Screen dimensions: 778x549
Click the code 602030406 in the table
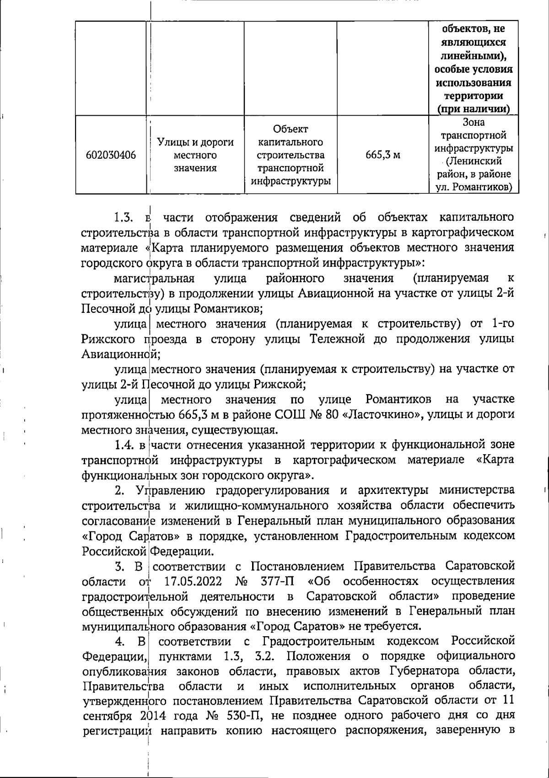[x=111, y=155]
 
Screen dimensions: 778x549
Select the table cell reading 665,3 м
[x=382, y=155]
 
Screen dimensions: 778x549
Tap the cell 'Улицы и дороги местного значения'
[x=195, y=155]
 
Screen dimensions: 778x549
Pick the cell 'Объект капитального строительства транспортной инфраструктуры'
[x=291, y=155]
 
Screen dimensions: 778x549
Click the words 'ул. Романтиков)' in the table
[x=473, y=187]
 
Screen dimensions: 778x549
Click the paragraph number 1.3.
[x=124, y=217]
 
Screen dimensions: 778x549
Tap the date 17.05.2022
[x=193, y=581]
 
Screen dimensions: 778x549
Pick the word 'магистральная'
[x=154, y=279]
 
